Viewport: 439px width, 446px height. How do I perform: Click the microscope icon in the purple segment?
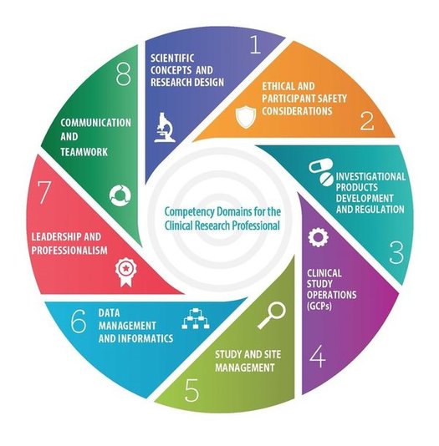tap(165, 128)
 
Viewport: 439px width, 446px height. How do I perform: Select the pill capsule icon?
tap(321, 172)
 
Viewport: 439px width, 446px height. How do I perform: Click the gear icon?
tap(318, 236)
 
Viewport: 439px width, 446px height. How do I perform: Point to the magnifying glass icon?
tap(272, 315)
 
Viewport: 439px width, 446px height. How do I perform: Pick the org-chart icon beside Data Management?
tap(196, 318)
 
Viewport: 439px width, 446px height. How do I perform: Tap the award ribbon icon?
tap(125, 272)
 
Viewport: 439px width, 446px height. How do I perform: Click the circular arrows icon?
tap(120, 195)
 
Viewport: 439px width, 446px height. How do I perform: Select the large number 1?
tap(255, 43)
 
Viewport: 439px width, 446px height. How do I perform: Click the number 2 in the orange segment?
tap(367, 121)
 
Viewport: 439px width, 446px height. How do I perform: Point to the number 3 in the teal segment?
tap(396, 252)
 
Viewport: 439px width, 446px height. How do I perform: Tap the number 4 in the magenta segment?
tap(318, 356)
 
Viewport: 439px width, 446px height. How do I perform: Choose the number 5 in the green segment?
tap(191, 390)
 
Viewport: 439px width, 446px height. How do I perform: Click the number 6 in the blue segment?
tap(79, 322)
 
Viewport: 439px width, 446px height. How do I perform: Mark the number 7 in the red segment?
tap(44, 192)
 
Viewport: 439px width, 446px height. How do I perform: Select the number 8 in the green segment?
tap(124, 74)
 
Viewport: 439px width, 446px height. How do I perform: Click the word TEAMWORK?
tap(84, 152)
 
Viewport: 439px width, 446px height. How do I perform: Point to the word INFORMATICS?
tap(145, 338)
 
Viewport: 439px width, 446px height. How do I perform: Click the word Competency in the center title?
tap(189, 212)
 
